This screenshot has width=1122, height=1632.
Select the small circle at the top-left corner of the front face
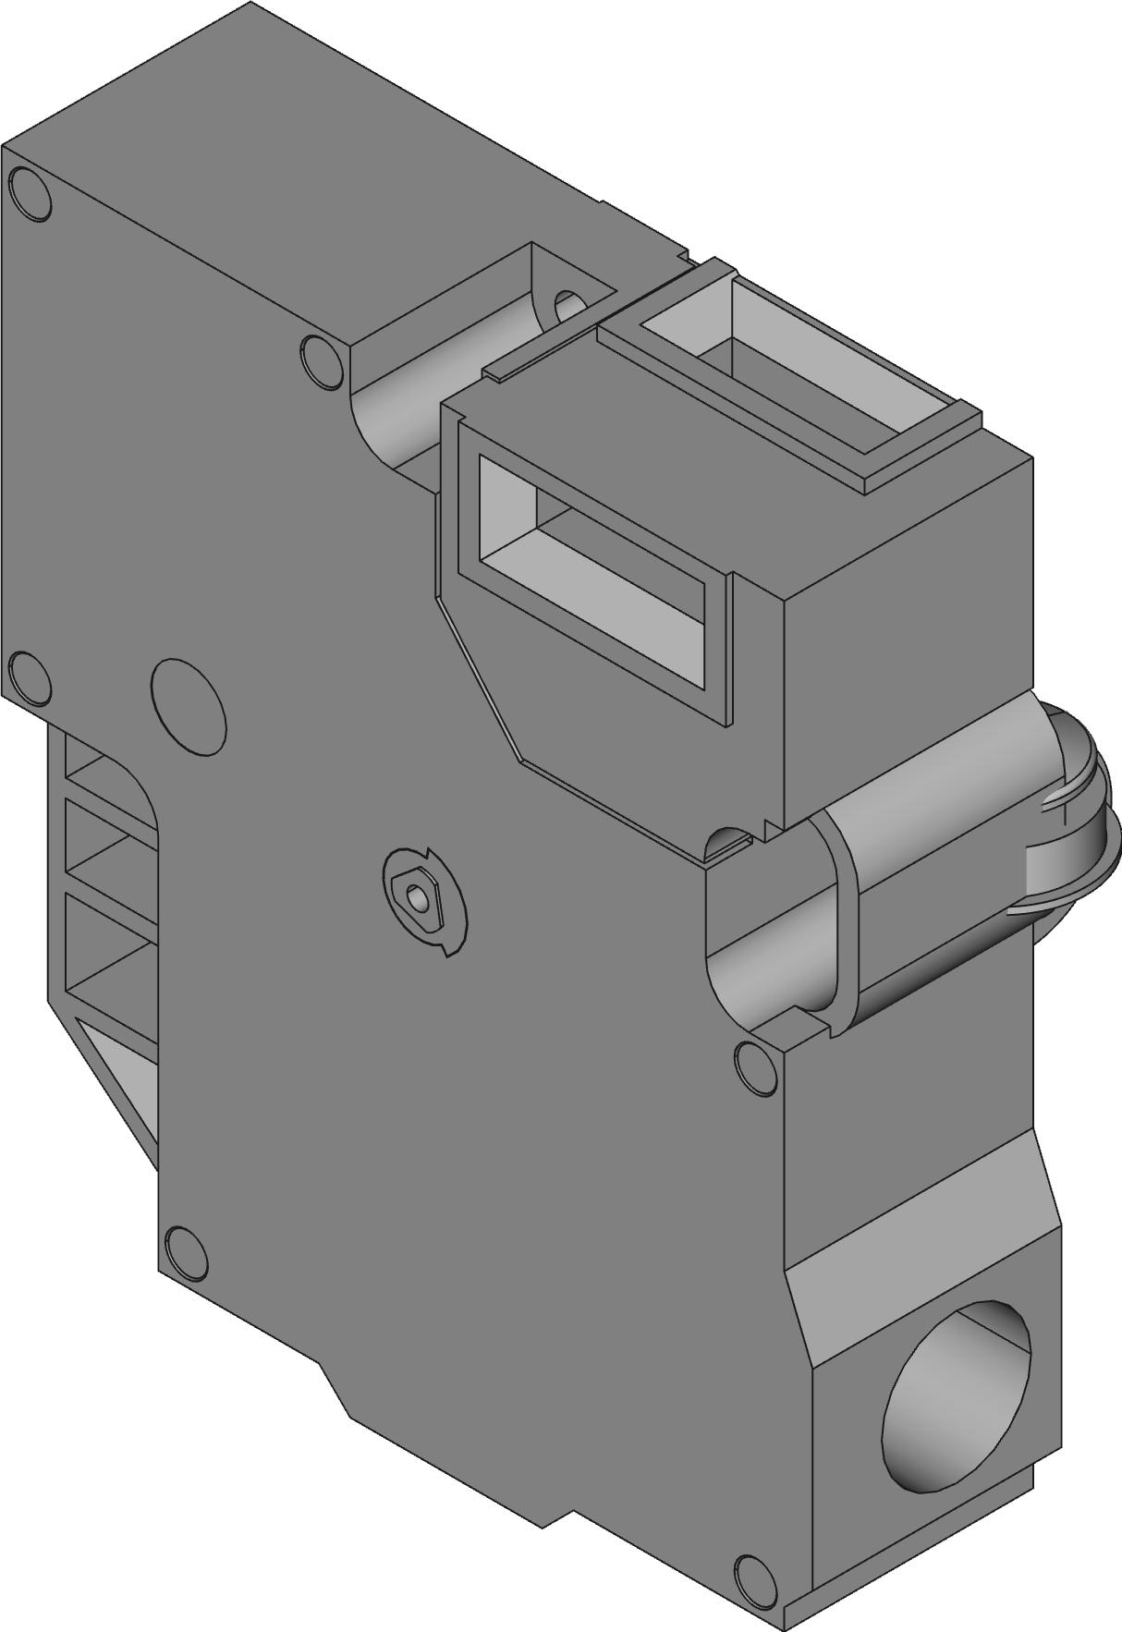pos(30,194)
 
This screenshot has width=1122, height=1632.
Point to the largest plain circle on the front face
pos(189,707)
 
